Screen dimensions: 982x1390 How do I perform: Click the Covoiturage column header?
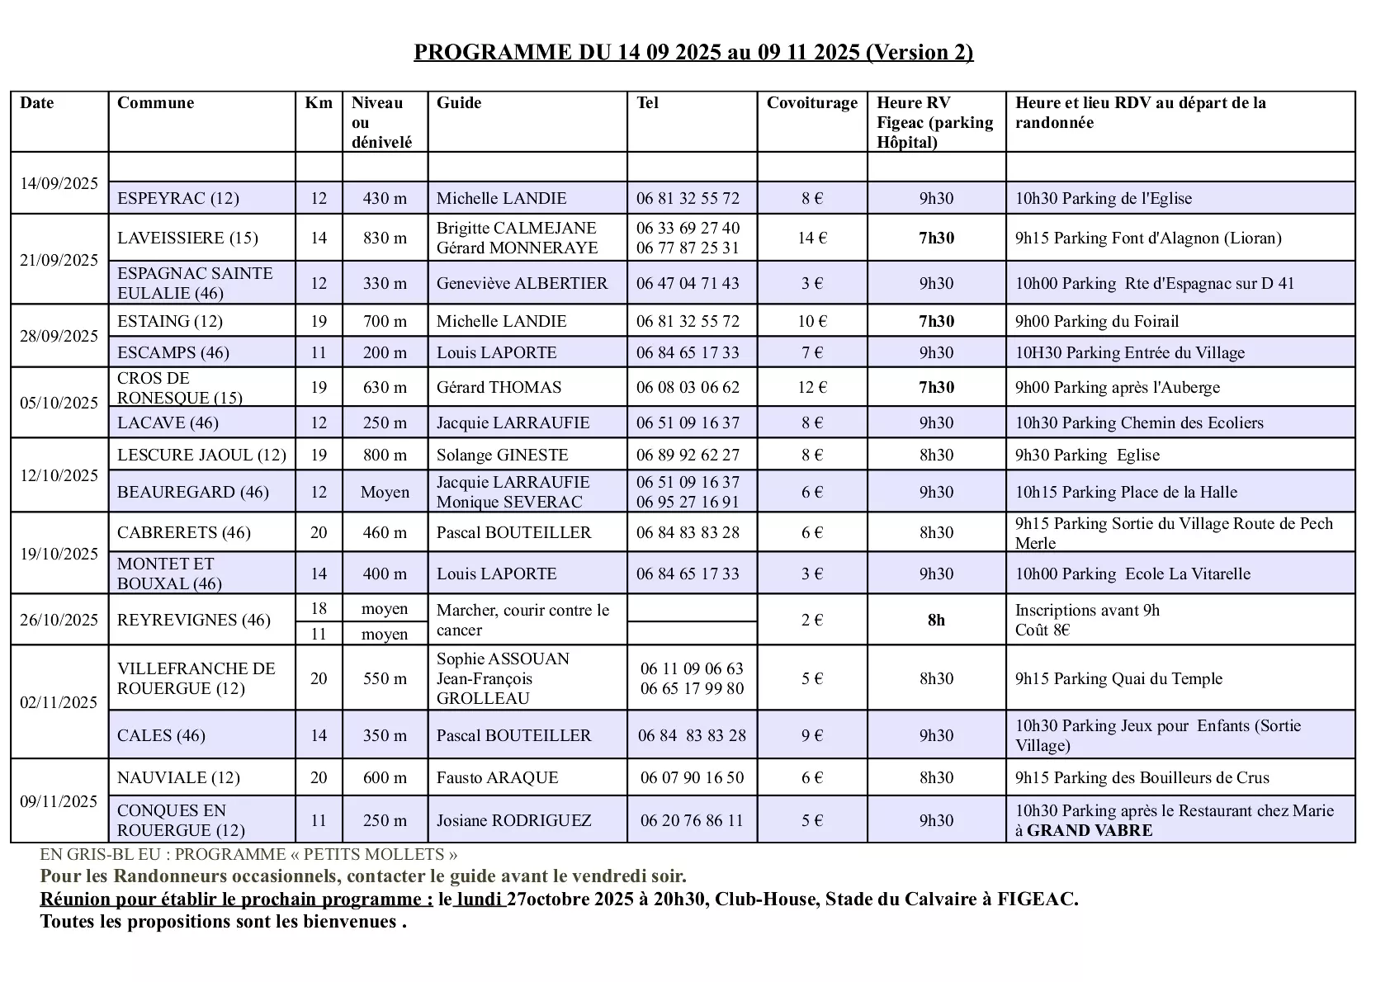click(811, 103)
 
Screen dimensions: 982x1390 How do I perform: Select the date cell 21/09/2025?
click(59, 260)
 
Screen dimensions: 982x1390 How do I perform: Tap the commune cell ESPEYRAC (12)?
click(178, 198)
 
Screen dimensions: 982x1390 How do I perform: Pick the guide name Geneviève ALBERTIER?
click(522, 283)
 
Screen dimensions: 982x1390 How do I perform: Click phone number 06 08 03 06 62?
click(688, 387)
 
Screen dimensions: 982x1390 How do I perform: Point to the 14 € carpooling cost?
click(811, 238)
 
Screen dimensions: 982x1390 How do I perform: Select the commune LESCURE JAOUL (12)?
click(201, 455)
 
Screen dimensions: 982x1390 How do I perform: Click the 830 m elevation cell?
click(385, 238)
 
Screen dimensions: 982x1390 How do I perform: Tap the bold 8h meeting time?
click(936, 620)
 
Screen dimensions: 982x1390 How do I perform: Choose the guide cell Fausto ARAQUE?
click(497, 777)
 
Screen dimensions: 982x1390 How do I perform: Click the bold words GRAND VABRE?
click(1089, 830)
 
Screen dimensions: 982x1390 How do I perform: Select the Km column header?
click(319, 103)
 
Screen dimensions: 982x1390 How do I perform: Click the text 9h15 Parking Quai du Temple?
click(1118, 678)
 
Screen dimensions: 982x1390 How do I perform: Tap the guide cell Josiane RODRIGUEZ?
click(513, 820)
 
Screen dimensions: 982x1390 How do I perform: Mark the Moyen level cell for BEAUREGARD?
click(385, 492)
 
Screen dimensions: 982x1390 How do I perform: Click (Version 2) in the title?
click(919, 52)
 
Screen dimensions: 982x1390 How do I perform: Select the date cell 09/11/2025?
click(59, 801)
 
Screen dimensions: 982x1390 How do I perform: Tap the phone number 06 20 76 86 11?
click(692, 820)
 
